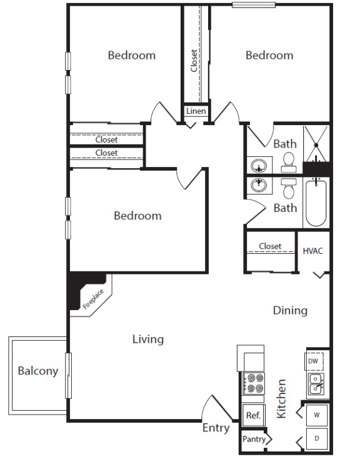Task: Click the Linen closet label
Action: point(196,111)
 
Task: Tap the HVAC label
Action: point(312,251)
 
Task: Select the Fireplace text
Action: point(93,299)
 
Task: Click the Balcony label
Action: point(38,371)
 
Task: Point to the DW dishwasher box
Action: point(314,361)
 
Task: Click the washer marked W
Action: point(316,415)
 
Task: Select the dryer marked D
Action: point(316,438)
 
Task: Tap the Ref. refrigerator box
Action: point(253,415)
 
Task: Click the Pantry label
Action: point(254,439)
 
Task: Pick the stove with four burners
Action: point(254,383)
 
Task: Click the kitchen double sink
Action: point(316,384)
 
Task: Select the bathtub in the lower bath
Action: point(316,203)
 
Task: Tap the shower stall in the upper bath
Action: point(316,144)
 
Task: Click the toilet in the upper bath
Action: point(288,163)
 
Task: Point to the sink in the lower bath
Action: point(259,185)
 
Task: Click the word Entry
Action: point(216,428)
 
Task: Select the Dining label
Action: point(290,311)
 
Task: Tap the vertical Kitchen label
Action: point(281,399)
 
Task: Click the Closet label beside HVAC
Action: point(270,246)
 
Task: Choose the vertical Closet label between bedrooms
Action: point(194,61)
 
